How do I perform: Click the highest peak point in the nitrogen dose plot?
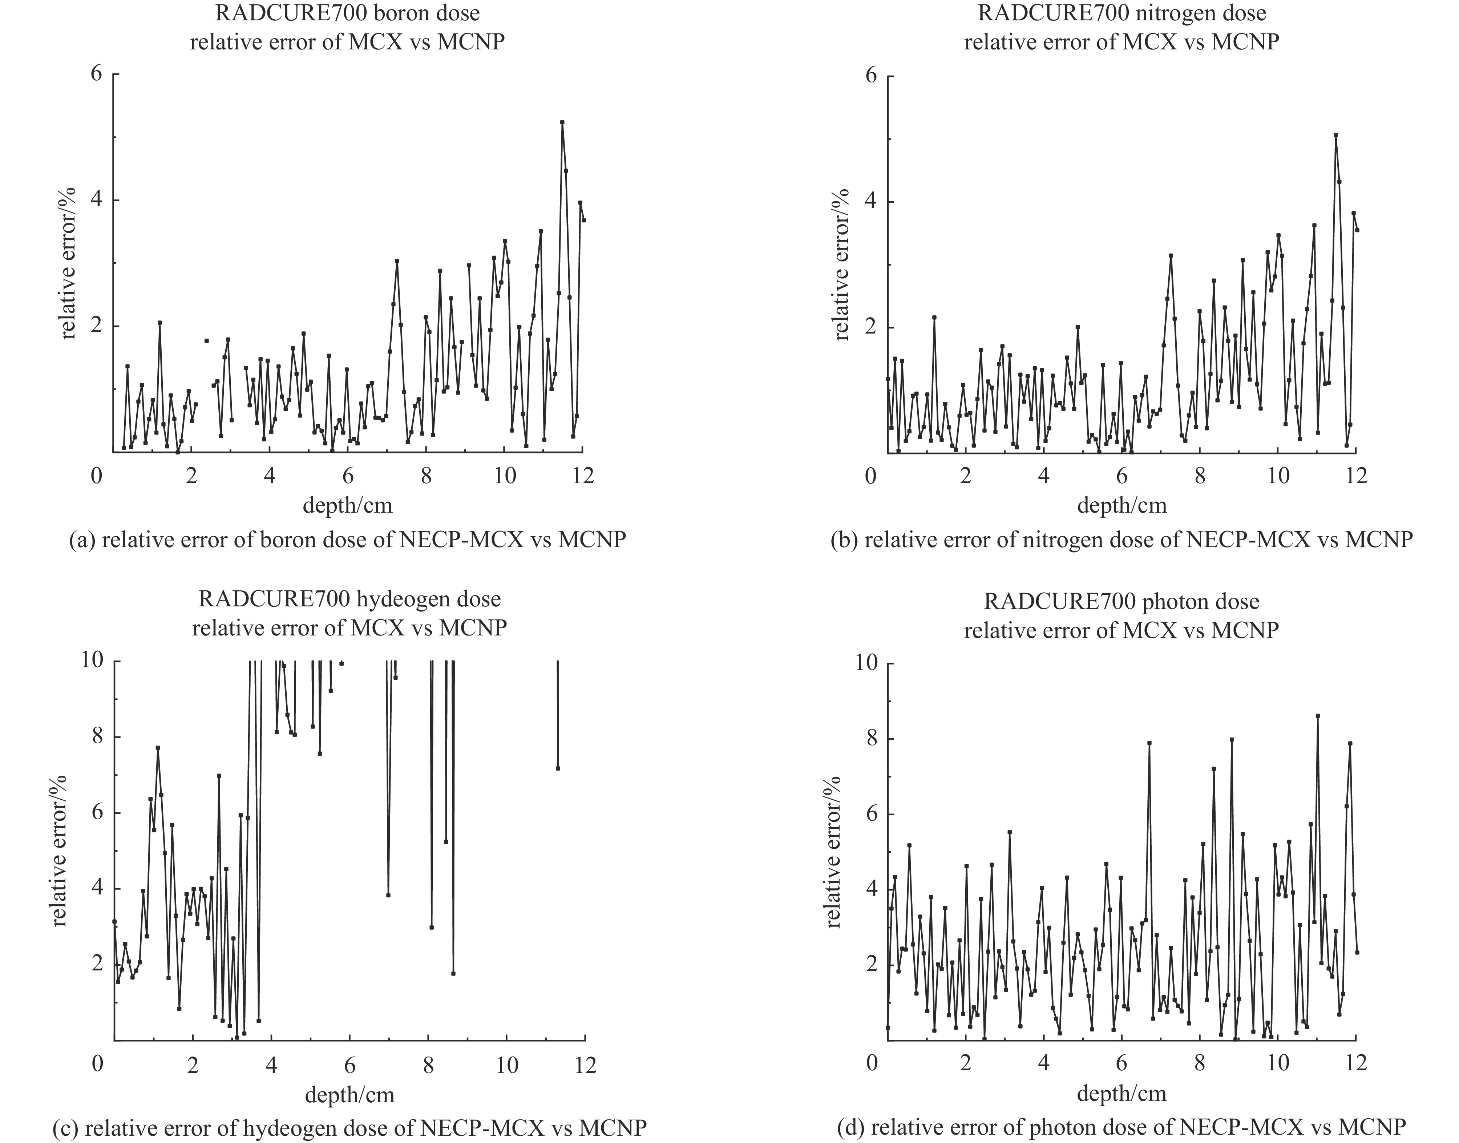click(1335, 135)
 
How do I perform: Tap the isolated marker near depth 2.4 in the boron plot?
click(207, 341)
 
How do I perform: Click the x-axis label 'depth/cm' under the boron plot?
click(347, 505)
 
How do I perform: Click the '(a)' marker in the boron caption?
click(82, 540)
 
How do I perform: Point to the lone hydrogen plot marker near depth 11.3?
click(558, 768)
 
